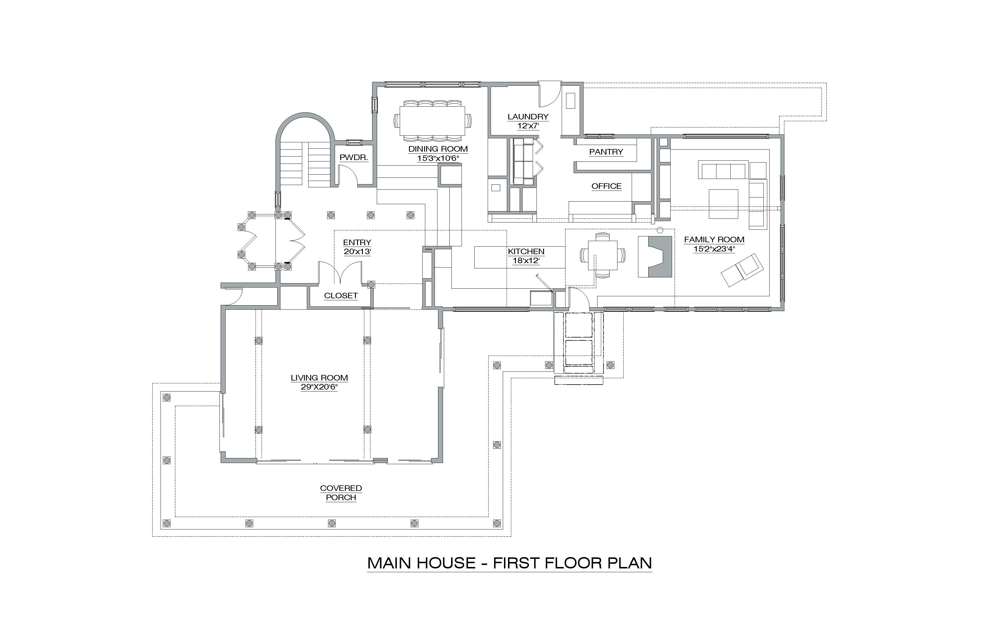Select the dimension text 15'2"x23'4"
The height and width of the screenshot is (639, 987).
coord(714,249)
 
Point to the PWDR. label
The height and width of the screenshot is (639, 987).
coord(354,158)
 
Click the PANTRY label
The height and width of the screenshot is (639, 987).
coord(606,152)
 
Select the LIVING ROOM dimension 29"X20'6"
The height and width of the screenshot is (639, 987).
coord(319,387)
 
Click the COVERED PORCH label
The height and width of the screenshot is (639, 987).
coord(341,493)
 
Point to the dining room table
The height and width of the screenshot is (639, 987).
coord(432,121)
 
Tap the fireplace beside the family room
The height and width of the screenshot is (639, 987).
coord(655,257)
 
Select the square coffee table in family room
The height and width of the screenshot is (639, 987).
coord(723,204)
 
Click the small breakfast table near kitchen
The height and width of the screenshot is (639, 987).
coord(602,255)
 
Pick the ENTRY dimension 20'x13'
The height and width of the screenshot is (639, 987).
coord(357,252)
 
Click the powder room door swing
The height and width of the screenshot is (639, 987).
coord(348,175)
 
